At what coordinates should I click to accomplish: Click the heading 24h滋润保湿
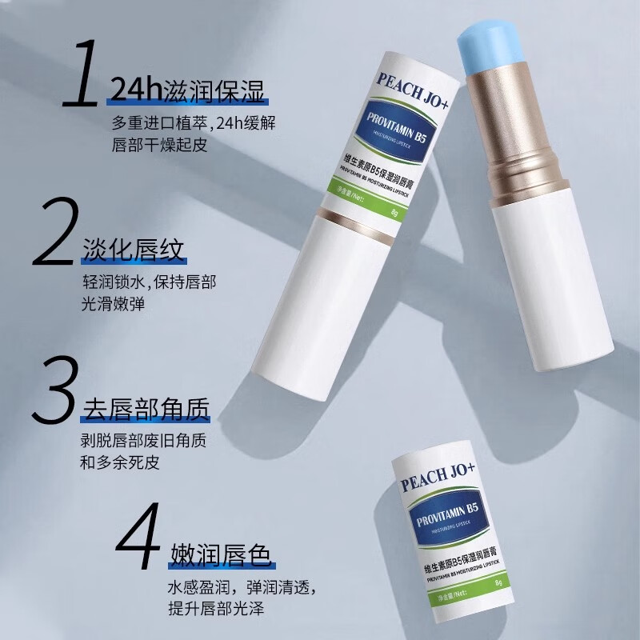point(188,90)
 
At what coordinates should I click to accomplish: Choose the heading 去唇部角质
point(146,409)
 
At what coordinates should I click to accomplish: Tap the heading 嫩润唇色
point(222,554)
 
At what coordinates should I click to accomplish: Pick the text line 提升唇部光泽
point(216,608)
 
